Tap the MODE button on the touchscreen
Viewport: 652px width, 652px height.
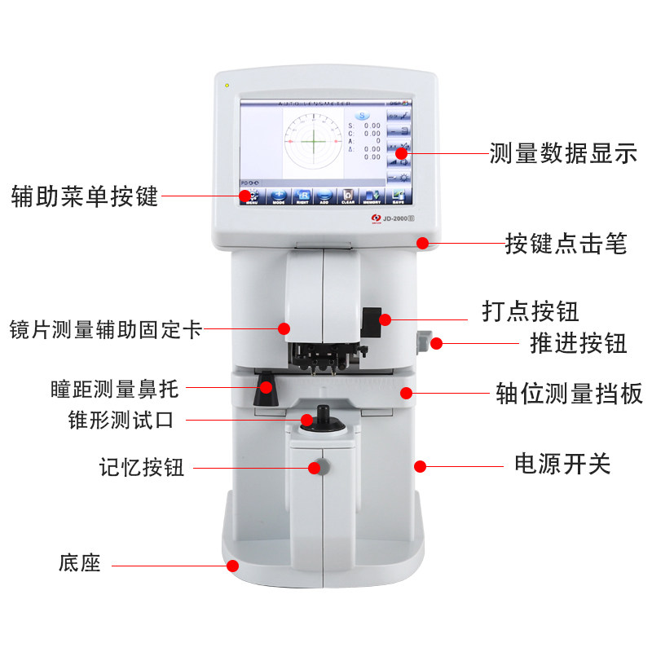click(278, 196)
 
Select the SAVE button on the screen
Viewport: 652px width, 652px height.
click(399, 196)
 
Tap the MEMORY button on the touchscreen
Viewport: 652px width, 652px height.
click(372, 196)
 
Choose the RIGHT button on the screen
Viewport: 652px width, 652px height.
click(302, 196)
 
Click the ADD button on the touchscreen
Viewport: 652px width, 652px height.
click(324, 196)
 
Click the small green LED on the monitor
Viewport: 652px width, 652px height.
click(227, 85)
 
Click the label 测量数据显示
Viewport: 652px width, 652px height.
click(563, 154)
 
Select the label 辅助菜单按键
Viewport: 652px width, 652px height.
click(84, 196)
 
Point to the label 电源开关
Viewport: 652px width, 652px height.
click(562, 465)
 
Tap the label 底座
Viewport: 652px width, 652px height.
click(80, 562)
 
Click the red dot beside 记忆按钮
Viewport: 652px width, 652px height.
click(315, 468)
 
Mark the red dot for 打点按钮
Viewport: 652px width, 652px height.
click(385, 319)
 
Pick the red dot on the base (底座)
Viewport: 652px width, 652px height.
click(232, 565)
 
